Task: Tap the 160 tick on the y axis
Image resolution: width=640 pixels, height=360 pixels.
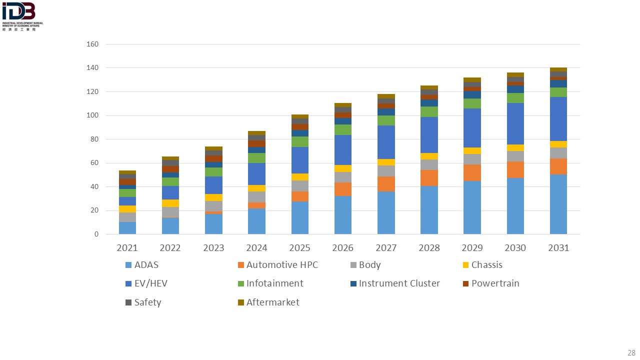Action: click(x=93, y=44)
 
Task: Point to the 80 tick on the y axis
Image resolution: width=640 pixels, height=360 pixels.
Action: click(x=95, y=139)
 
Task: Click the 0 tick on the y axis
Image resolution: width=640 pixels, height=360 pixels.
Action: click(x=96, y=234)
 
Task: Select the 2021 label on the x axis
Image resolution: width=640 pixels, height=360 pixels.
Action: click(x=127, y=248)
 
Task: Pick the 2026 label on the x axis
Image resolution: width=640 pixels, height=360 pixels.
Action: click(x=342, y=248)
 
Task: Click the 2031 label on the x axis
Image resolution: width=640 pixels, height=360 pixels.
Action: click(x=558, y=248)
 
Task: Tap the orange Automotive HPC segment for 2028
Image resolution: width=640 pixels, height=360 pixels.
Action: click(x=429, y=178)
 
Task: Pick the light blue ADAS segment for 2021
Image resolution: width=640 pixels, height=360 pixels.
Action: click(x=127, y=228)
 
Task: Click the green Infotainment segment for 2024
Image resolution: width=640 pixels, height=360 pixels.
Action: click(x=256, y=158)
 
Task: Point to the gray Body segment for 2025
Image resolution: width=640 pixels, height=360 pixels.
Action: click(x=299, y=186)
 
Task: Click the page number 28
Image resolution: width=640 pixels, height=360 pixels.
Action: click(x=630, y=352)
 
